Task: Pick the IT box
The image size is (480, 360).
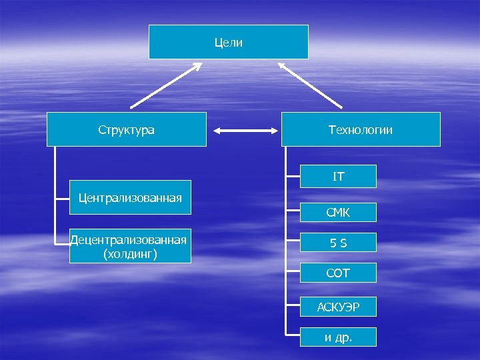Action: (339, 177)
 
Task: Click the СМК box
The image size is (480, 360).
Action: (338, 213)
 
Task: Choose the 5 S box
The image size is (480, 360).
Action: (338, 243)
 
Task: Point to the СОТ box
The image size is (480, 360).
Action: (338, 273)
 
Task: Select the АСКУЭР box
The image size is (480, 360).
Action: (338, 307)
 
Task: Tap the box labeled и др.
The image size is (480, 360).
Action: (338, 337)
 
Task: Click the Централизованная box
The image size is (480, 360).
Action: (130, 197)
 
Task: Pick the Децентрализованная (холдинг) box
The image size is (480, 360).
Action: (130, 246)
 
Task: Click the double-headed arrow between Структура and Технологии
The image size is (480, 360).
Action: (243, 131)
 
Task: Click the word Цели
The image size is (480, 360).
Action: (228, 43)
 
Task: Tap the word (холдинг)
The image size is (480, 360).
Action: (130, 253)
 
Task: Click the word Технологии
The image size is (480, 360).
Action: (361, 130)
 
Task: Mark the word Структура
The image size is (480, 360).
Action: (126, 130)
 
